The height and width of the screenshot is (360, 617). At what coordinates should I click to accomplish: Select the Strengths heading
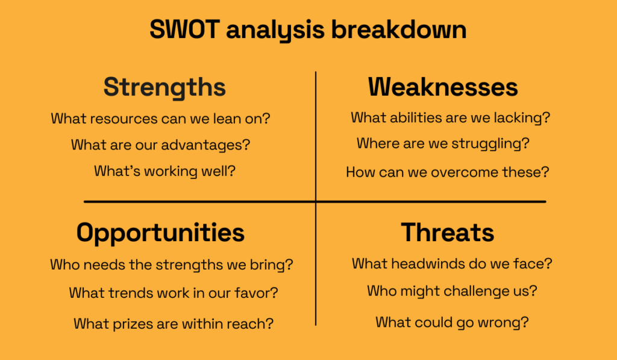(164, 87)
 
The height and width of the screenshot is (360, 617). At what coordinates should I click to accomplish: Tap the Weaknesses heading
(443, 87)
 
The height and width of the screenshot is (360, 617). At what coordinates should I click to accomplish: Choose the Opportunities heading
(160, 233)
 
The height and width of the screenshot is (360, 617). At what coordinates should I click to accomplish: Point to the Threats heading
(448, 233)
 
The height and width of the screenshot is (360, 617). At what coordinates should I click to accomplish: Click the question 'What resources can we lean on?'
(160, 118)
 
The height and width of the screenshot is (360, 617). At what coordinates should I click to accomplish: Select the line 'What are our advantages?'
(160, 145)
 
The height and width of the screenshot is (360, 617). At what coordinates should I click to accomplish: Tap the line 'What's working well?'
(164, 171)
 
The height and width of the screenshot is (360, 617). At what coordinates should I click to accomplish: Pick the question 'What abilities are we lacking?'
(450, 118)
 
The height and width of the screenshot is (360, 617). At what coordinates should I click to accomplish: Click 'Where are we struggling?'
(443, 144)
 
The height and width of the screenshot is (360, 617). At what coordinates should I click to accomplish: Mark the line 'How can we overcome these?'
(447, 172)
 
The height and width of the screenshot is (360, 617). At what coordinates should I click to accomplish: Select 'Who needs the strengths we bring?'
(171, 265)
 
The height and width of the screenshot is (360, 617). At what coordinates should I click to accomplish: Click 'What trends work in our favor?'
(174, 293)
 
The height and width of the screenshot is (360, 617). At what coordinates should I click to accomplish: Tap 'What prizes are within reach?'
(174, 324)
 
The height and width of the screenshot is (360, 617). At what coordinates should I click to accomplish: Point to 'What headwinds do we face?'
(452, 264)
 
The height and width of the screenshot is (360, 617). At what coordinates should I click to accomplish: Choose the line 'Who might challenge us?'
(452, 291)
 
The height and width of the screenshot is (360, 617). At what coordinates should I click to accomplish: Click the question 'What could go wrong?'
(452, 322)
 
